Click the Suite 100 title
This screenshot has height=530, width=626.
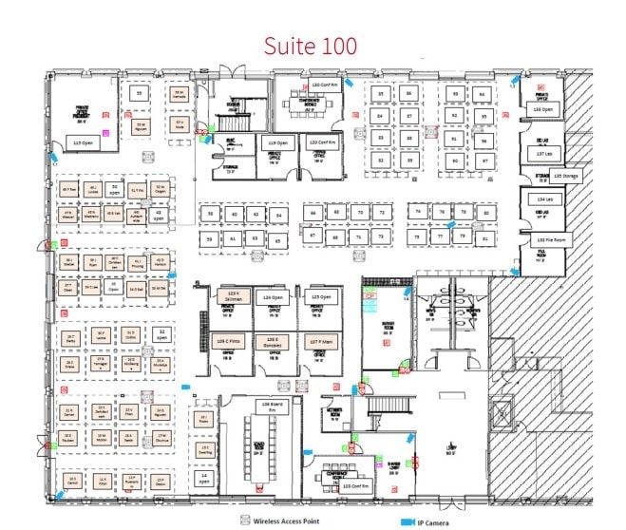click(x=311, y=45)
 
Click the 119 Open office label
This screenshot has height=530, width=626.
click(x=278, y=141)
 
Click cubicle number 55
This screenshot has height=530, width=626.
click(x=140, y=94)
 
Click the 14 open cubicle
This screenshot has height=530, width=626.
click(x=203, y=478)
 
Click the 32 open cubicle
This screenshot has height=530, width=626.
click(x=161, y=334)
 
